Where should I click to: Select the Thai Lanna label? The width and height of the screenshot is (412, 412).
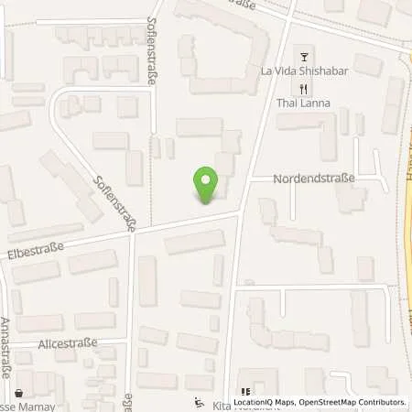click(303, 103)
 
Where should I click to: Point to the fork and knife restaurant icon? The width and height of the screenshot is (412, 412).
click(303, 89)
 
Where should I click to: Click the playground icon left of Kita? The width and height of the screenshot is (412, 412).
click(201, 401)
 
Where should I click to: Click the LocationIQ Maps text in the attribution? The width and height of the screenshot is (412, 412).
click(265, 402)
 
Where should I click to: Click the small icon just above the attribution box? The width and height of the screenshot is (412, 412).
click(244, 385)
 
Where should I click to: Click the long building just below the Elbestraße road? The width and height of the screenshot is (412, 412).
click(194, 242)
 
